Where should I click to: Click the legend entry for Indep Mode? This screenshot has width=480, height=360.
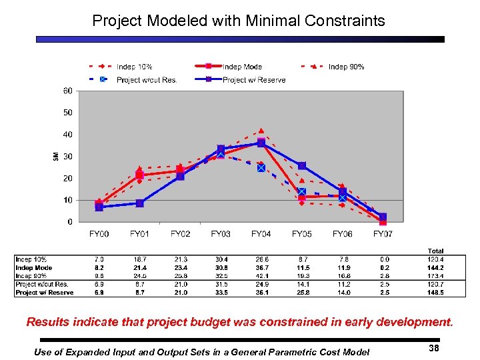242,67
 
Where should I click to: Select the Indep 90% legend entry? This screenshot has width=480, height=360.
346,67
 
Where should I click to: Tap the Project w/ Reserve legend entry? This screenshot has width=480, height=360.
253,80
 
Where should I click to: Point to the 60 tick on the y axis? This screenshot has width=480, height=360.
68,91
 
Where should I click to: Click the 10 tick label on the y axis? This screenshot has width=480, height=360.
68,200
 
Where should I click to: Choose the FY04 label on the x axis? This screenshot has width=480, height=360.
261,234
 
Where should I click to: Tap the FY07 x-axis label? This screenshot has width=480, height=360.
383,234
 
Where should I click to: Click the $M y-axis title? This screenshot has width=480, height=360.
56,157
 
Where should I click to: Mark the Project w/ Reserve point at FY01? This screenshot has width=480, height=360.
139,203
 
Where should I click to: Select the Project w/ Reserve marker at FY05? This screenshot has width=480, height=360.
302,165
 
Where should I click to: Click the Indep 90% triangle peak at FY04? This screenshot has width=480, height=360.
261,131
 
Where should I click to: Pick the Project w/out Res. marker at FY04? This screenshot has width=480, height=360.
261,168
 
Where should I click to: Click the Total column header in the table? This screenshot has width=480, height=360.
435,251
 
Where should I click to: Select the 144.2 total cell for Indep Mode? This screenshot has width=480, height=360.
435,267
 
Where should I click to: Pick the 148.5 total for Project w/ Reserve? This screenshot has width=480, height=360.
435,292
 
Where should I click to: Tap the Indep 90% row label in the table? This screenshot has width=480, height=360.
33,275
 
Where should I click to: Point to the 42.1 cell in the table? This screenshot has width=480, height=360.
261,275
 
